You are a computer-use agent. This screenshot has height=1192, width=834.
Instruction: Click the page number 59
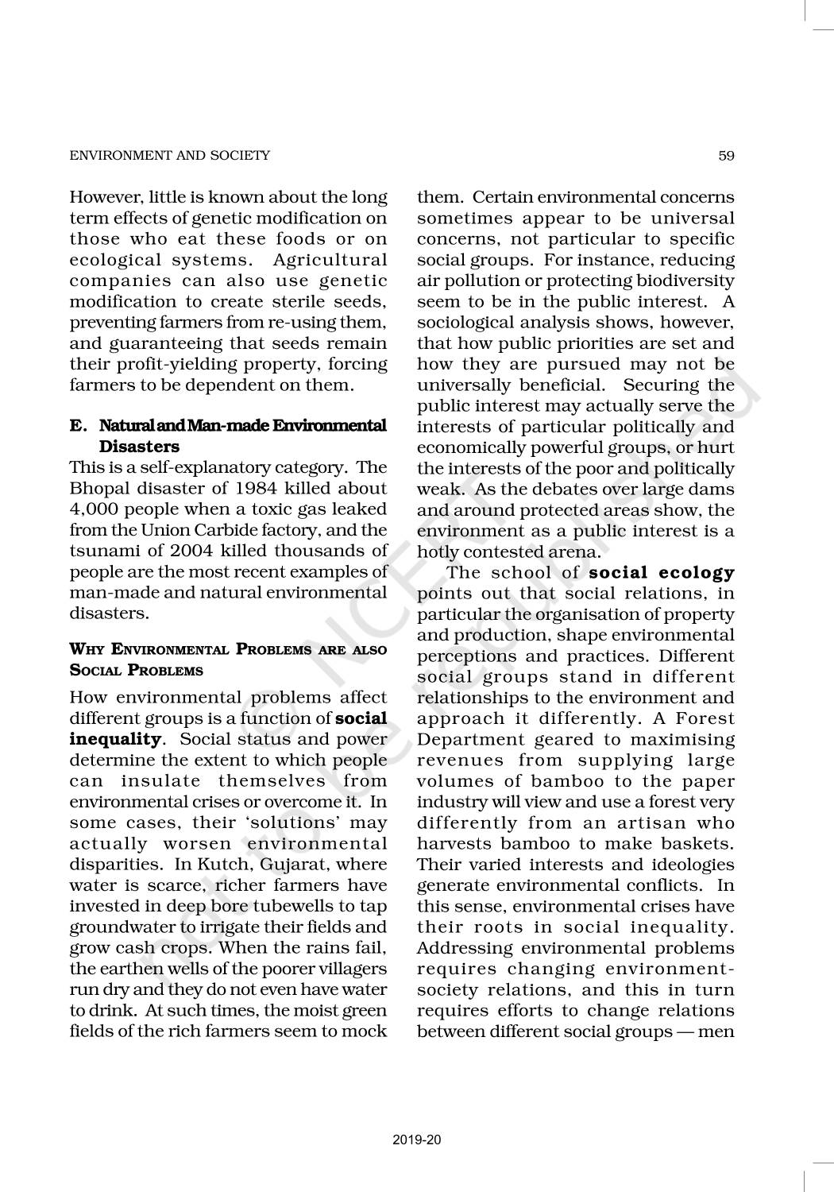[x=726, y=156]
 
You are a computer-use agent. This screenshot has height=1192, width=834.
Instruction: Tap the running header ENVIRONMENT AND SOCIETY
[x=170, y=156]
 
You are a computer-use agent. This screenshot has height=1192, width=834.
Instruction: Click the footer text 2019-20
[x=417, y=1140]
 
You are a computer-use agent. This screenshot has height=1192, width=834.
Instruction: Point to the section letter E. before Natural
[x=78, y=426]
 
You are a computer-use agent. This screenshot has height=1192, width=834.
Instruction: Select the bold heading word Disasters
[x=139, y=447]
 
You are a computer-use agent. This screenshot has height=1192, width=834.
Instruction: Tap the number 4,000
[x=95, y=509]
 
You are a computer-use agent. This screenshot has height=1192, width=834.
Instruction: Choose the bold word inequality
[x=115, y=739]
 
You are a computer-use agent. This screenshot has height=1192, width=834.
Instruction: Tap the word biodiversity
[x=688, y=281]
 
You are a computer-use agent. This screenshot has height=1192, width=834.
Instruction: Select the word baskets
[x=695, y=843]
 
